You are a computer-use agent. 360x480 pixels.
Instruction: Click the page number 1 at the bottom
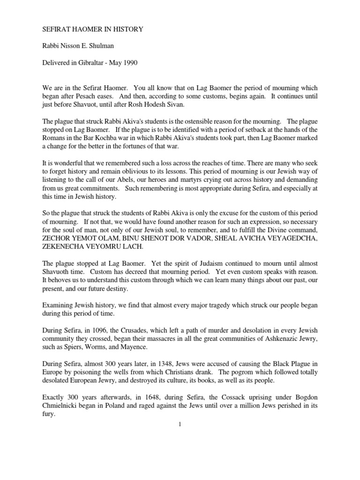180,425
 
